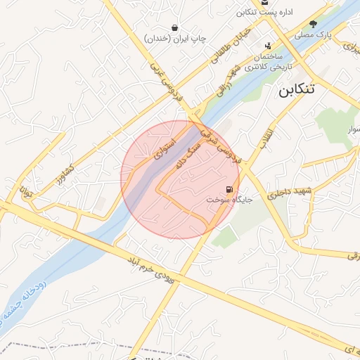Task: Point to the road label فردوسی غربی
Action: coord(166,81)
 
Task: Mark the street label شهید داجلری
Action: coord(294,191)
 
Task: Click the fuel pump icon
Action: coord(230,190)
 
